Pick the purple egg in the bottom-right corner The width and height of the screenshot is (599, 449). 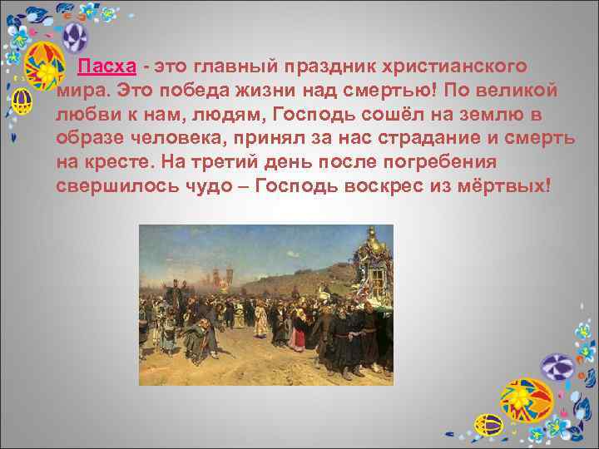(558, 367)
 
